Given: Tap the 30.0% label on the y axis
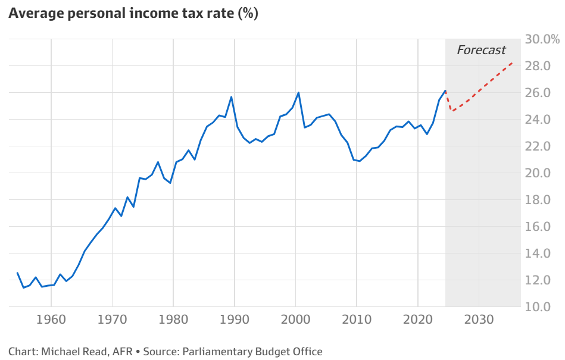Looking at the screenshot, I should pyautogui.click(x=542, y=39).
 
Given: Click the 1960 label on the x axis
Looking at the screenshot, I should pyautogui.click(x=51, y=319).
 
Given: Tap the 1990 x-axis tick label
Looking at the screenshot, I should pyautogui.click(x=235, y=319).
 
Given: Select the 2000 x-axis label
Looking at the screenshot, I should pyautogui.click(x=296, y=319).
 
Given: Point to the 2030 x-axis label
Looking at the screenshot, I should pyautogui.click(x=479, y=319).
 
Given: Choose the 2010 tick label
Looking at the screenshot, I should pyautogui.click(x=357, y=319).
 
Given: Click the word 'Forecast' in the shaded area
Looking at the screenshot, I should pyautogui.click(x=481, y=50).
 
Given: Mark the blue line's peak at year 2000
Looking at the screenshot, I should pyautogui.click(x=298, y=93).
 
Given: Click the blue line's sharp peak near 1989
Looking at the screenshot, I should pyautogui.click(x=231, y=97).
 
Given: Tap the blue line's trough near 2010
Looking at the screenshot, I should pyautogui.click(x=359, y=161).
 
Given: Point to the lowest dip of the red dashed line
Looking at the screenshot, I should pyautogui.click(x=452, y=111).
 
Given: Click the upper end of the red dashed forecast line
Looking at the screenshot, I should pyautogui.click(x=512, y=62).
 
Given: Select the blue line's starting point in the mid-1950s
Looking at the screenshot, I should pyautogui.click(x=17, y=273).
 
